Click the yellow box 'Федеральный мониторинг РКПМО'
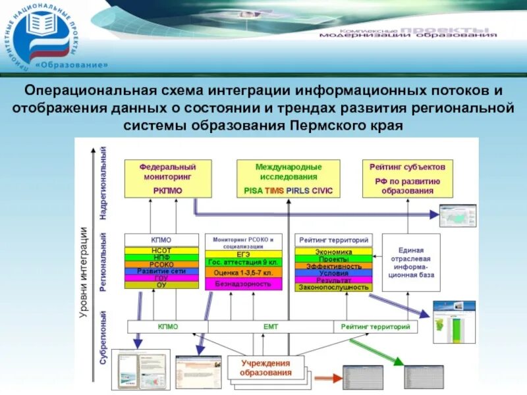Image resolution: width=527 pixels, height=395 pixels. click(x=167, y=178)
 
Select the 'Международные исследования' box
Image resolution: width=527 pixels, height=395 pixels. click(x=288, y=178)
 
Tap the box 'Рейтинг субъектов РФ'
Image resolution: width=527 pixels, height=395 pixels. click(x=407, y=178)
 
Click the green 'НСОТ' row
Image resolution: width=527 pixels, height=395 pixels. click(x=161, y=251)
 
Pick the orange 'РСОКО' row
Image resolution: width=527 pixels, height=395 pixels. click(x=161, y=265)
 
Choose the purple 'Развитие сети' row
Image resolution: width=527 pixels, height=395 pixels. click(x=161, y=271)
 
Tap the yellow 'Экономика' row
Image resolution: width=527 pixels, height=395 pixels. click(x=333, y=251)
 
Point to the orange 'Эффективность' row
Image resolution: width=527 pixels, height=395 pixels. click(x=333, y=266)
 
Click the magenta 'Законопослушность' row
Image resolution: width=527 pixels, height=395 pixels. click(x=333, y=288)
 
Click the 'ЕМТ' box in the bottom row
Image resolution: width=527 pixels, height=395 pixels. click(x=271, y=326)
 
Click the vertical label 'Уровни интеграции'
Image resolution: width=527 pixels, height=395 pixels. click(x=84, y=273)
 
